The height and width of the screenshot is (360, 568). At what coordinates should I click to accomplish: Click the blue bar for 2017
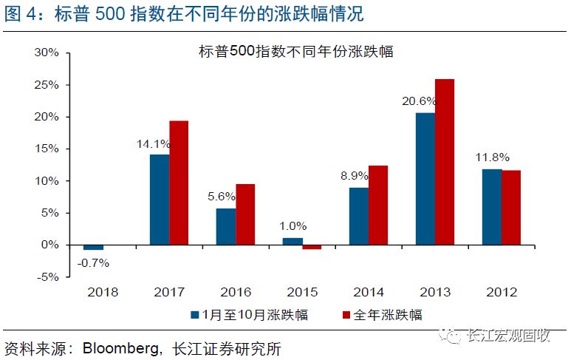(159, 199)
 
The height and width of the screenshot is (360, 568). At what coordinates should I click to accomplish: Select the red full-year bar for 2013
(445, 161)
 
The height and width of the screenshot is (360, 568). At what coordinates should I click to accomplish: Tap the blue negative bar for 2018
(93, 247)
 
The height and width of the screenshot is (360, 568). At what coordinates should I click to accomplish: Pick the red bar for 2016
(245, 214)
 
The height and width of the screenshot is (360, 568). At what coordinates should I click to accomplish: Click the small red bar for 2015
(312, 247)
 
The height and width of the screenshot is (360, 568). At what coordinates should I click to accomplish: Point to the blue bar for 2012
(491, 206)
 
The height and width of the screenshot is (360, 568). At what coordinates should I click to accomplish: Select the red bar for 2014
(378, 205)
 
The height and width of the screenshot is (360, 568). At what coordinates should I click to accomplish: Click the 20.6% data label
(419, 101)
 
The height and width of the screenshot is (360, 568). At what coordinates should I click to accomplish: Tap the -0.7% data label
(92, 261)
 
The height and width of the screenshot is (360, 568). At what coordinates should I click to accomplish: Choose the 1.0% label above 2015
(293, 226)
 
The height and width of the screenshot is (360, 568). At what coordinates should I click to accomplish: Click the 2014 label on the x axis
(369, 292)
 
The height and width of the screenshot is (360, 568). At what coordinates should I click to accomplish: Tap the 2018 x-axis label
(103, 292)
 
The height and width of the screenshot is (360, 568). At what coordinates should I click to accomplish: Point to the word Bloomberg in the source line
(118, 347)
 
